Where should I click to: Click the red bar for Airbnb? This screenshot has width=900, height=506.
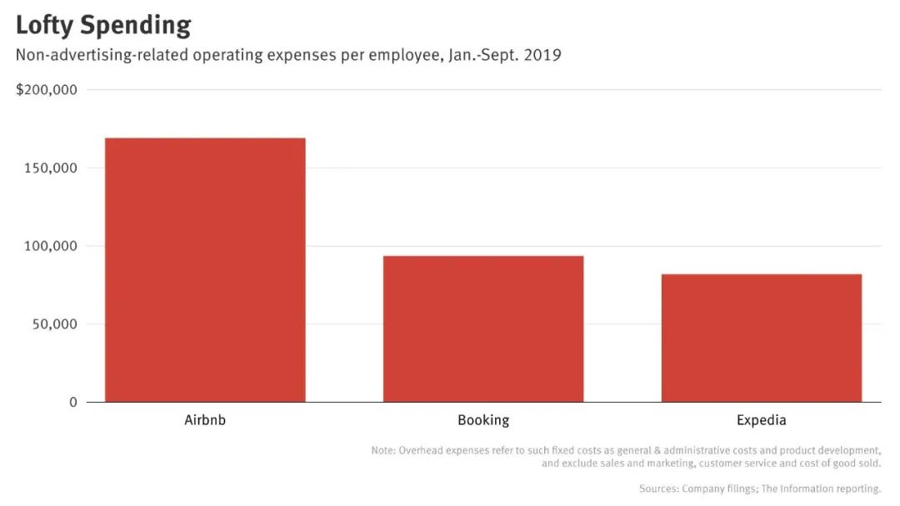205,269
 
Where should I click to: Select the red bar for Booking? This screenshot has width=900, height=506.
483,328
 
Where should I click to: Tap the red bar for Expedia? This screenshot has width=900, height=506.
761,338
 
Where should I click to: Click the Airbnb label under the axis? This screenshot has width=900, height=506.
205,420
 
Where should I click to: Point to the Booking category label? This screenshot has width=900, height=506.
483,420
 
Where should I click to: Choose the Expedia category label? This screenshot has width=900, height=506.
761,420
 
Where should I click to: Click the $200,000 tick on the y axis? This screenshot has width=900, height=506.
47,90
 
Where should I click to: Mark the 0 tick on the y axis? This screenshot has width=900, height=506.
73,403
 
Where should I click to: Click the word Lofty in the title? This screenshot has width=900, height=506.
43,26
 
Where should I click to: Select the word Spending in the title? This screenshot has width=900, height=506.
135,26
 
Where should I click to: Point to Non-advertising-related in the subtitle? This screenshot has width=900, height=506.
102,56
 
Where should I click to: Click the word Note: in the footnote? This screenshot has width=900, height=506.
383,451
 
